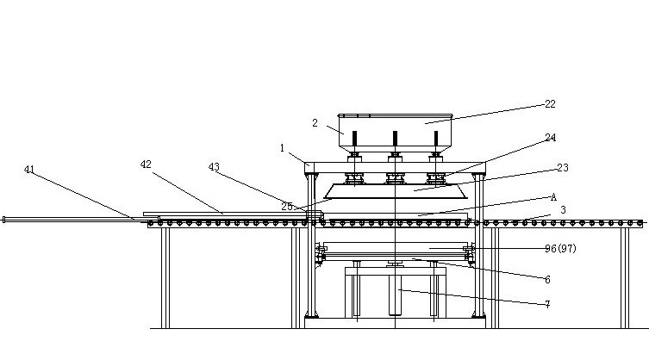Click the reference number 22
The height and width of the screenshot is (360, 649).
tap(550, 104)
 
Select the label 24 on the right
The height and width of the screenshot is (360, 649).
tap(550, 137)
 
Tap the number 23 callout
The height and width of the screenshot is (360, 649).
tap(562, 168)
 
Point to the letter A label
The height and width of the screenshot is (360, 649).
tap(553, 196)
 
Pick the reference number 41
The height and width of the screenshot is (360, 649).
tap(30, 170)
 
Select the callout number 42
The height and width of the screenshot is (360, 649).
tap(147, 164)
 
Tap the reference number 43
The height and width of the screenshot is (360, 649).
tap(214, 166)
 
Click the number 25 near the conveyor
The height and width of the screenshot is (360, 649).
tap(287, 206)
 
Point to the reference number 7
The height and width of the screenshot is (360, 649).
tap(546, 304)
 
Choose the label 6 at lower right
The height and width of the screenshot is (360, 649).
tap(546, 279)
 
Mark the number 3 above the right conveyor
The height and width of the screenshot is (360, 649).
tap(562, 209)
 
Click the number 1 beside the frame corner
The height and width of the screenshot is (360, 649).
tap(282, 147)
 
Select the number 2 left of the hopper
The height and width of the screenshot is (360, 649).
tap(315, 123)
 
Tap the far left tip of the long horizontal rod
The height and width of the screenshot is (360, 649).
tap(4, 220)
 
